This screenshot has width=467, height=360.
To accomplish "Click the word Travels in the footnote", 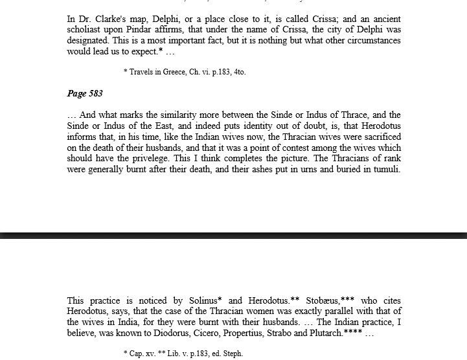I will pyautogui.click(x=142, y=72).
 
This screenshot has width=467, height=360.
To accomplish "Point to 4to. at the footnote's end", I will pyautogui.click(x=239, y=72).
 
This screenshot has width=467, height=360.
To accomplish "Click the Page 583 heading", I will pyautogui.click(x=85, y=94).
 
